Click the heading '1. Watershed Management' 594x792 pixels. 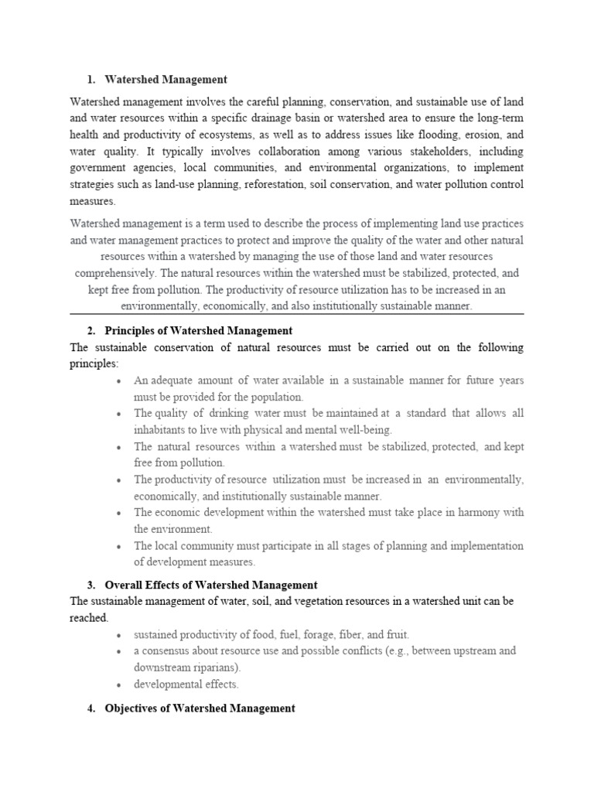[158, 79]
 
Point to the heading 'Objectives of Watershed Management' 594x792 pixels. [200, 708]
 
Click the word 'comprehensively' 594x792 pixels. [114, 272]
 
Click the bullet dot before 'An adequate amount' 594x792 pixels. [118, 381]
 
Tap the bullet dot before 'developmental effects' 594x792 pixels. [118, 684]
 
